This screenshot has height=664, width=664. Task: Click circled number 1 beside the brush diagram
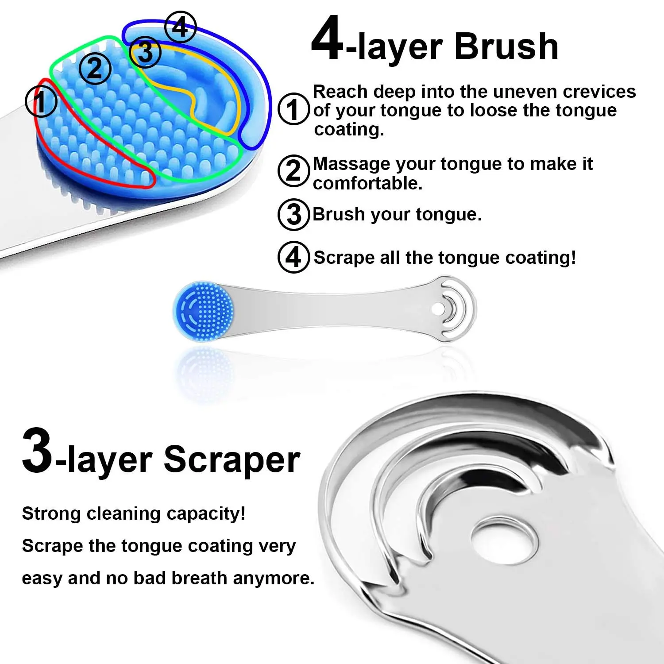41,101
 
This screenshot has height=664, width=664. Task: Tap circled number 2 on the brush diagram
95,68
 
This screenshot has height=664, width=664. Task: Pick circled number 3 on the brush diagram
146,53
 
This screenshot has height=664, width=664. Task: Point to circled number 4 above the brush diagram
180,27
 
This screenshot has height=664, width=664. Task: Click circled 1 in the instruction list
293,109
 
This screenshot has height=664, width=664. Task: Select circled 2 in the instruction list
293,171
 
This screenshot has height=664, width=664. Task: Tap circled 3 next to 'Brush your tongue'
293,215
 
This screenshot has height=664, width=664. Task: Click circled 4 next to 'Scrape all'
293,257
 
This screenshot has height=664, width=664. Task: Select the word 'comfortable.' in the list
367,183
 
